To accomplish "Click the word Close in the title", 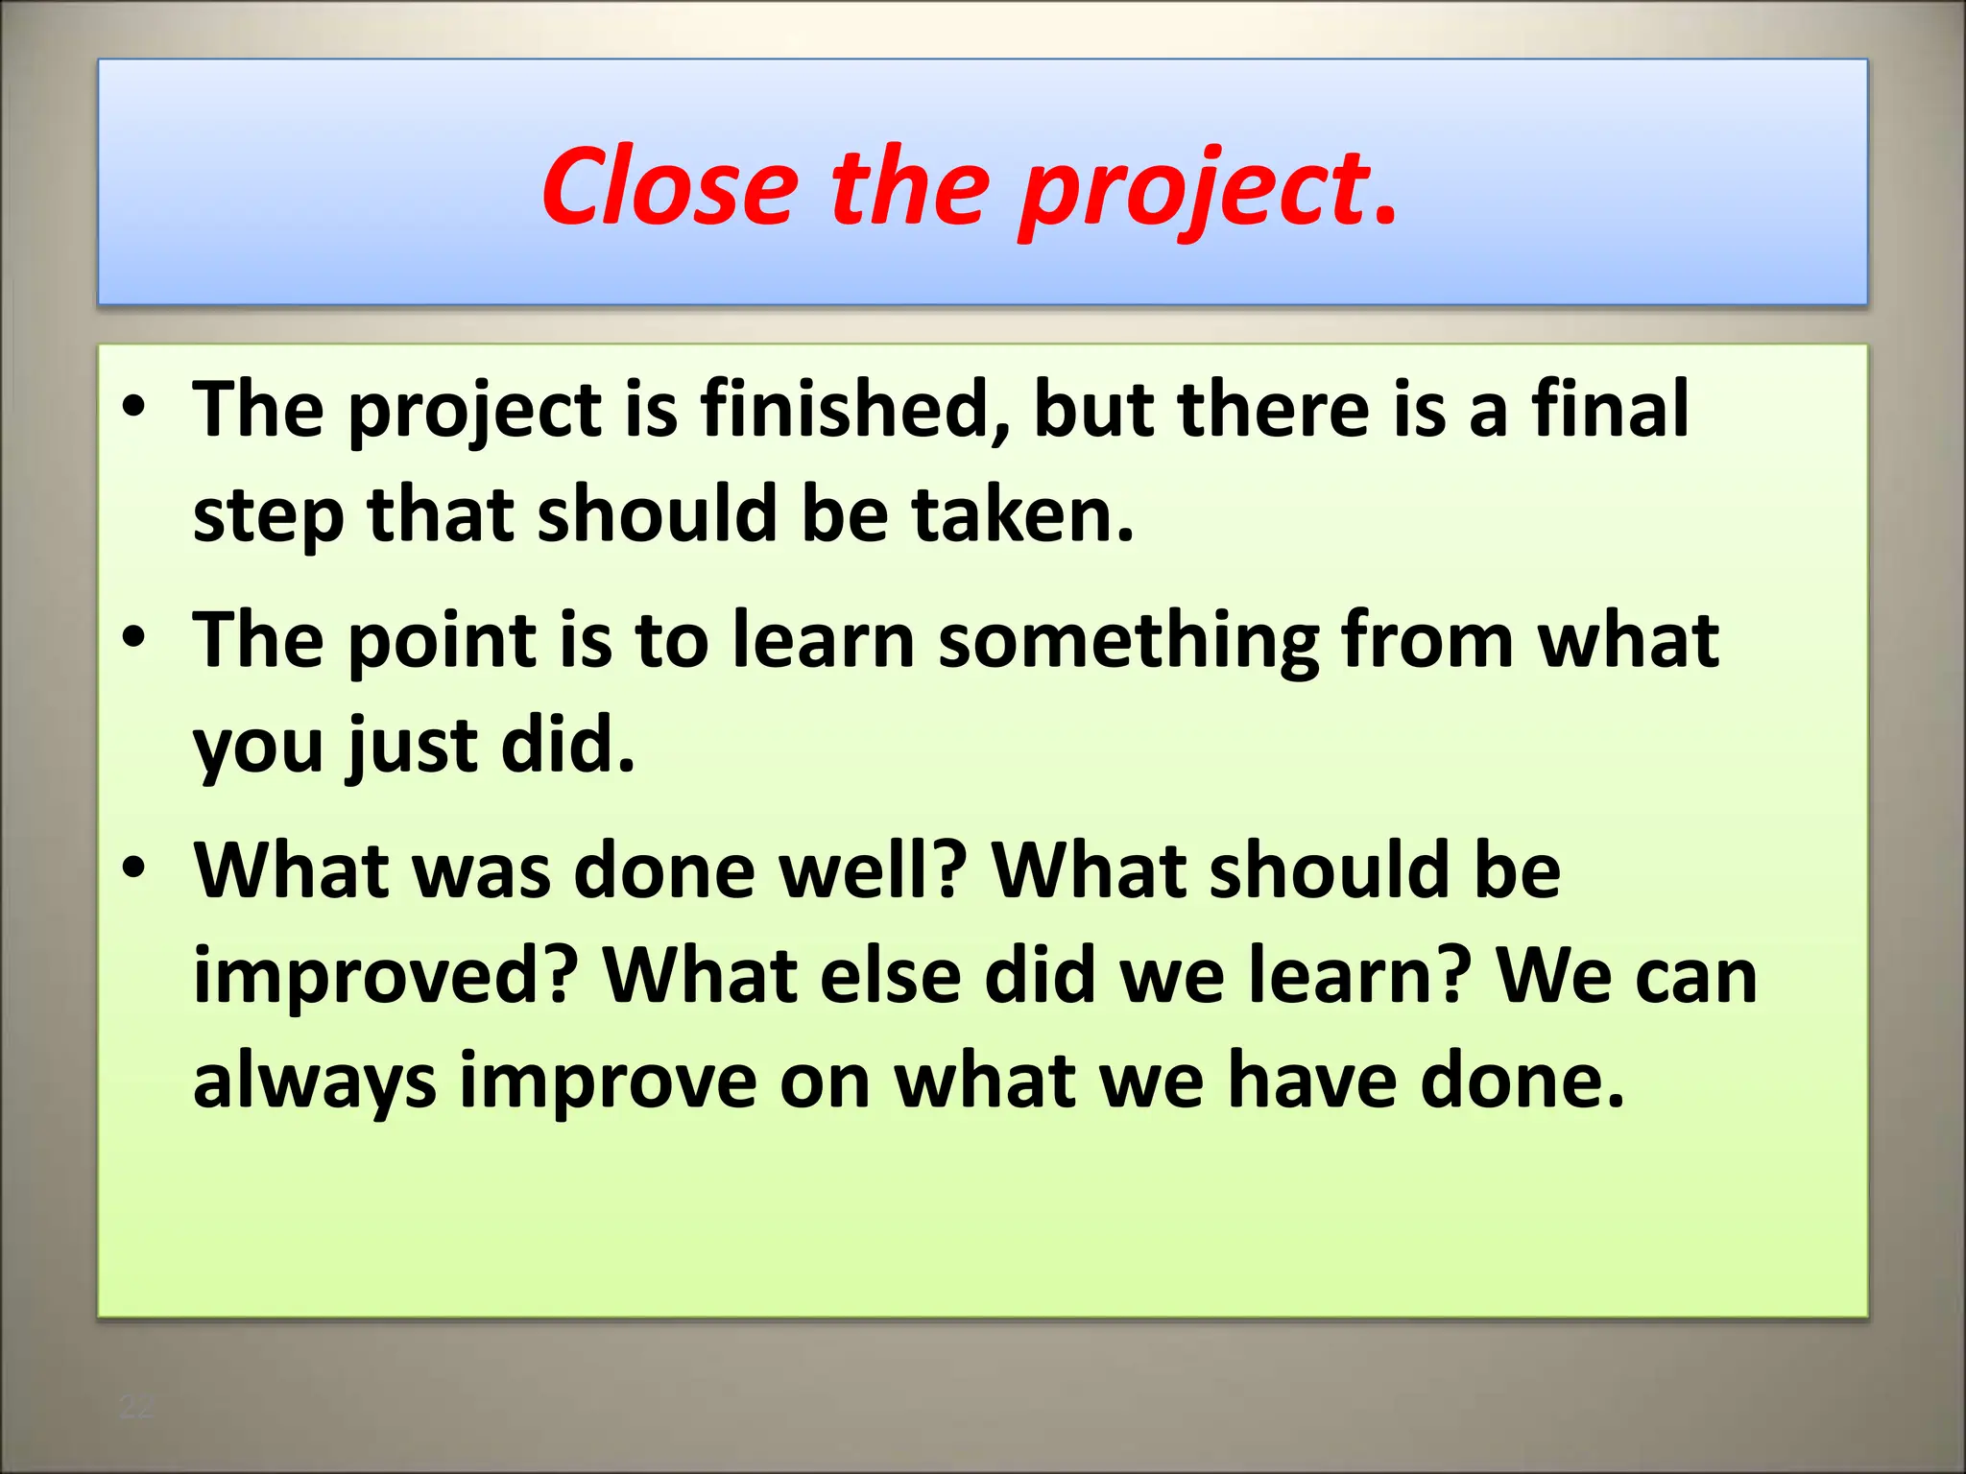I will (x=670, y=186).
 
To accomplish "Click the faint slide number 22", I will (x=135, y=1407).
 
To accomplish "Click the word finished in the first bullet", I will (x=854, y=410).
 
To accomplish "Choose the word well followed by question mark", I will (x=870, y=870).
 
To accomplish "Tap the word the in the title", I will (x=908, y=186).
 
